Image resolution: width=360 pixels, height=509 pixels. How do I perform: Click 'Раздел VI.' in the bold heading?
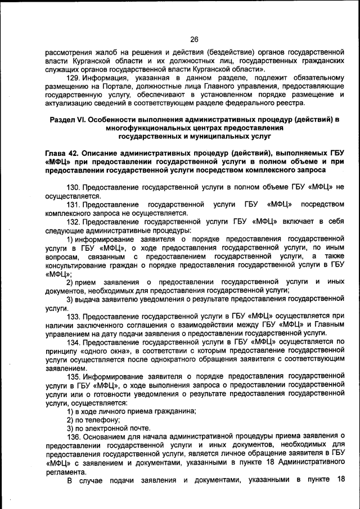pyautogui.click(x=68, y=119)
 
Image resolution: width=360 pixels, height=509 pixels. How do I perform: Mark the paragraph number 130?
pyautogui.click(x=74, y=186)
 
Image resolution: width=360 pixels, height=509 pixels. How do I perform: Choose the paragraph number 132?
pyautogui.click(x=74, y=221)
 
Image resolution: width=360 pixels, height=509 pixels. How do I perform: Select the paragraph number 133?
pyautogui.click(x=74, y=317)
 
